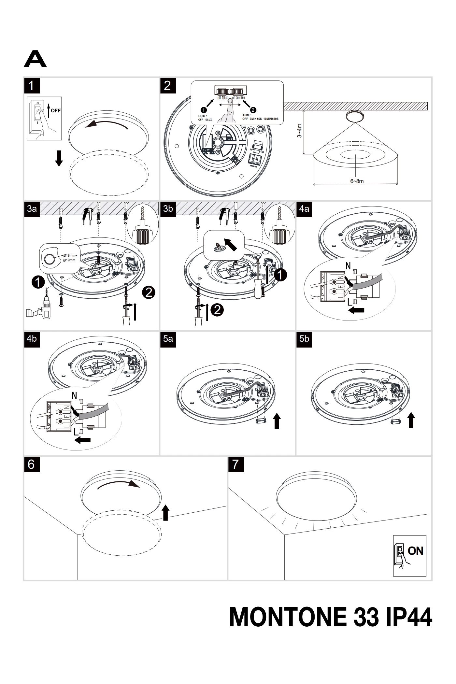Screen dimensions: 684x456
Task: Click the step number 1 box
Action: point(31,86)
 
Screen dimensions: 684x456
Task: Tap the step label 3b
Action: point(168,209)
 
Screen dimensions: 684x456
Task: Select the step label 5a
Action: point(168,339)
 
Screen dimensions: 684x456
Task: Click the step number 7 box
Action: point(235,464)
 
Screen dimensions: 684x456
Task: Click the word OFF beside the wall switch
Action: point(56,110)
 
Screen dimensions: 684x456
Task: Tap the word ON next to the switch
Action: point(415,551)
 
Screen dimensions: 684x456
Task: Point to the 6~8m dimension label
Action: point(357,181)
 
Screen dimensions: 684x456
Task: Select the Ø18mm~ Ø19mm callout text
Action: point(69,257)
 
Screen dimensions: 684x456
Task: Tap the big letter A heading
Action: point(35,59)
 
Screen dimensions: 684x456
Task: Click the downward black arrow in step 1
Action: point(59,158)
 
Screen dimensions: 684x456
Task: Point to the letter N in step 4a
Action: point(348,266)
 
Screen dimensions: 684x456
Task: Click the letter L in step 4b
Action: point(76,432)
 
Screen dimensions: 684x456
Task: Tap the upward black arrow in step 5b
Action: point(411,420)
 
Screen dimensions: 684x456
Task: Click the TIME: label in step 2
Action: point(247,115)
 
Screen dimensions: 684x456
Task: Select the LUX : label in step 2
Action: point(203,116)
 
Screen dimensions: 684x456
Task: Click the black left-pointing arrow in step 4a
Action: point(356,311)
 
